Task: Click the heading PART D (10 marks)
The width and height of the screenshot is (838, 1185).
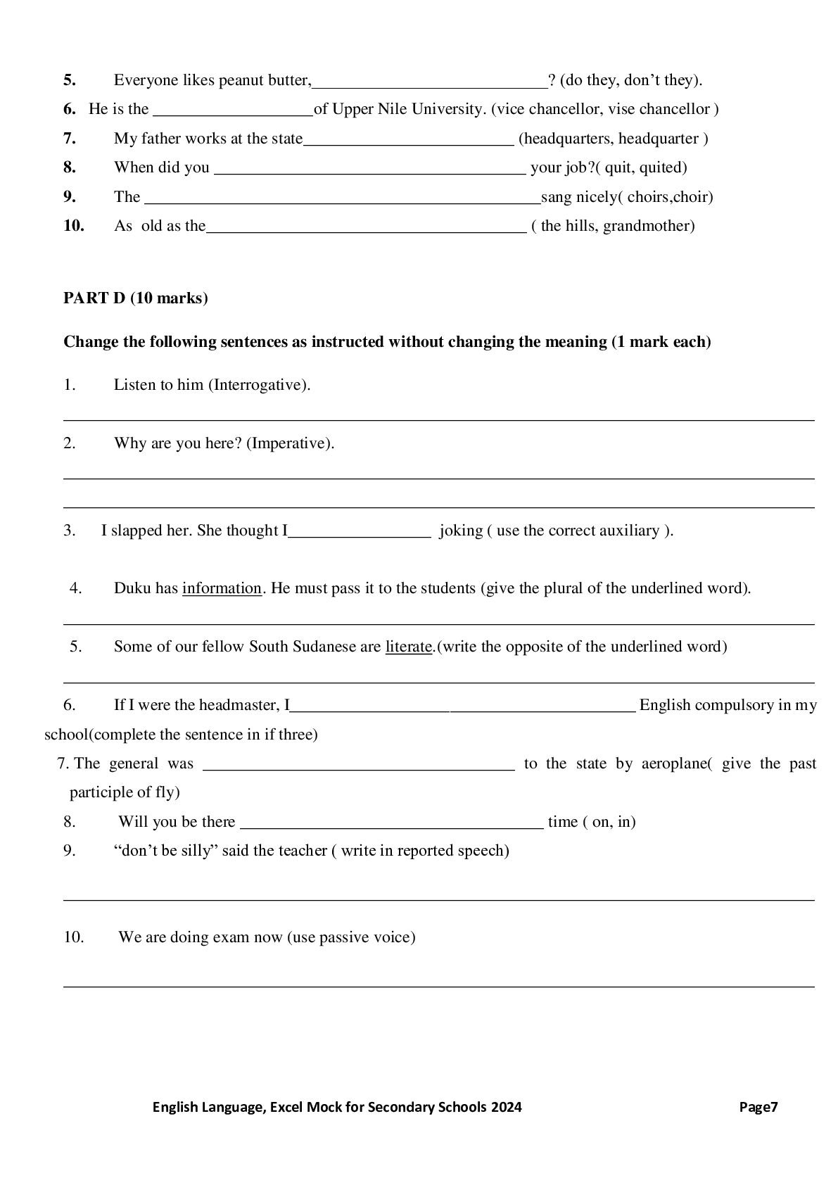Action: (x=135, y=298)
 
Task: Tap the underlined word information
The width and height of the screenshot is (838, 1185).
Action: (x=222, y=588)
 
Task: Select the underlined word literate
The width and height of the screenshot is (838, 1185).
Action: (x=408, y=647)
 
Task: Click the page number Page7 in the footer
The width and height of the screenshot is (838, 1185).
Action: (x=758, y=1107)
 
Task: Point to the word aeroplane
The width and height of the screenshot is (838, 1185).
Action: (x=674, y=763)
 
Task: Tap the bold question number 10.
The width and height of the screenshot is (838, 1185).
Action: (x=74, y=226)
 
